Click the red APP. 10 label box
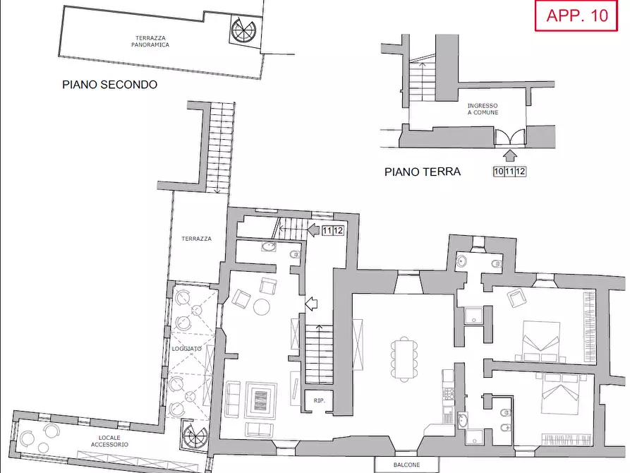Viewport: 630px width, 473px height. (576, 16)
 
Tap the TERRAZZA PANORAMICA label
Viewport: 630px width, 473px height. (150, 41)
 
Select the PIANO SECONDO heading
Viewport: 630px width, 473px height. (109, 85)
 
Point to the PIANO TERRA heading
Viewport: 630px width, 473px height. (422, 172)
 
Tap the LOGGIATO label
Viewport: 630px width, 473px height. (187, 349)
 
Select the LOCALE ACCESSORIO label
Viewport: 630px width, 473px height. (109, 441)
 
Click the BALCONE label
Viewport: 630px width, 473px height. (406, 465)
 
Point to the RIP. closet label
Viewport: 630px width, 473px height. (318, 400)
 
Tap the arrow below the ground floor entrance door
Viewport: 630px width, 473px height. (510, 154)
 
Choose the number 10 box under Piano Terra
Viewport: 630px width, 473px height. (498, 171)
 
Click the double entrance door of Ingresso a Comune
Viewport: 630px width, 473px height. (509, 137)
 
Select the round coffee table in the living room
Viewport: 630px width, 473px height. (262, 306)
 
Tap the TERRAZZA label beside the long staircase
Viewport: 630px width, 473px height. (195, 239)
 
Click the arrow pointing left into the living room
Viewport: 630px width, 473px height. (310, 304)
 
